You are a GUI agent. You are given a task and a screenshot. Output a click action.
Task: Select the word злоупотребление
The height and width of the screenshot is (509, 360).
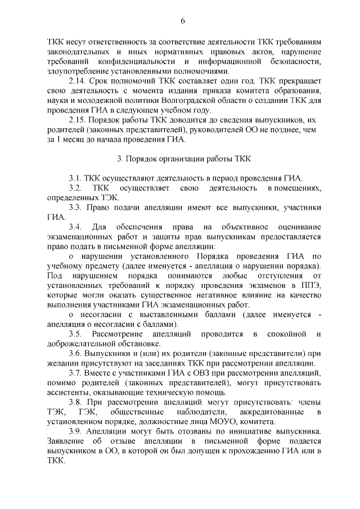(x=75, y=71)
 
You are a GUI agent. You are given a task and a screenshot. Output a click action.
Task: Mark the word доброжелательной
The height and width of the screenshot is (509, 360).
(x=82, y=343)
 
